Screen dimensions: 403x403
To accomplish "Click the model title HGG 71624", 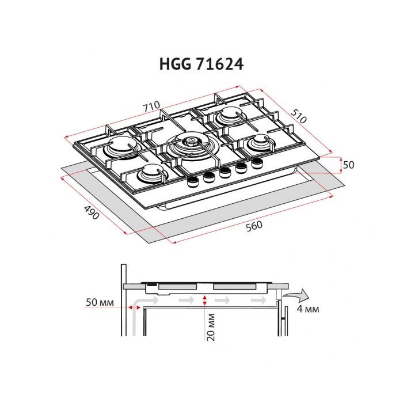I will click(201, 64).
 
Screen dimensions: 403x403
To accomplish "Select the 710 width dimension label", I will click(151, 107).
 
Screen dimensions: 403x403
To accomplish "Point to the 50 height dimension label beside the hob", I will click(348, 165).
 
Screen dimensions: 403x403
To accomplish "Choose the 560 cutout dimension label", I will click(254, 226).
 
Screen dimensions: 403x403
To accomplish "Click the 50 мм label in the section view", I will click(98, 302).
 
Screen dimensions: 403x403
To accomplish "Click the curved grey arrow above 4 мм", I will click(298, 295).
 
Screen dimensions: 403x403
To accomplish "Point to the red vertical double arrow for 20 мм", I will click(205, 301).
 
